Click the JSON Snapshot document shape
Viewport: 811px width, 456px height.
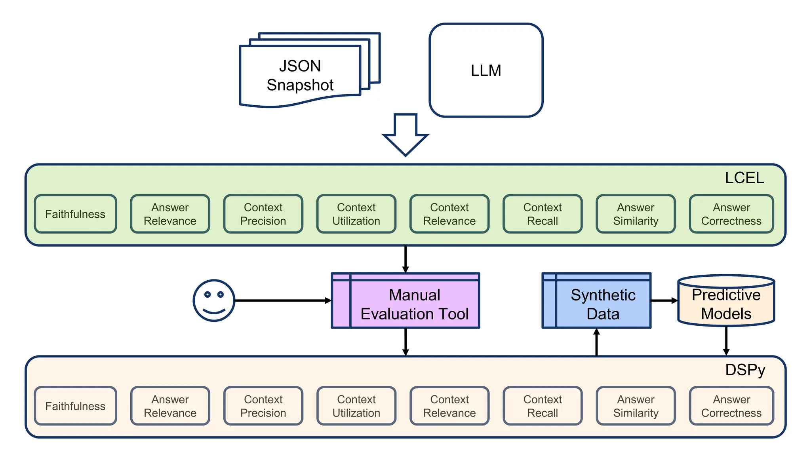coord(300,75)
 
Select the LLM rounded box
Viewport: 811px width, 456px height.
coord(486,70)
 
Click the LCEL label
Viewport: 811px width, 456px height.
coord(744,178)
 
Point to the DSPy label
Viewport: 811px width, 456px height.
coord(745,370)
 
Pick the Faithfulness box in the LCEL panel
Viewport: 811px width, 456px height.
coord(75,214)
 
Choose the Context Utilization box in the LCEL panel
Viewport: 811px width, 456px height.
coord(356,214)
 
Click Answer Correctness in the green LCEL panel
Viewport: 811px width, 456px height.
coord(731,214)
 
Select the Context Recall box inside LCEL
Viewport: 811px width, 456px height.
coord(542,214)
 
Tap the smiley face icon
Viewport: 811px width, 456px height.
coord(214,300)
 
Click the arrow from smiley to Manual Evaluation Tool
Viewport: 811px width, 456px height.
coord(283,300)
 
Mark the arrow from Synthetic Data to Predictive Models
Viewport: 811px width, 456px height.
coord(664,300)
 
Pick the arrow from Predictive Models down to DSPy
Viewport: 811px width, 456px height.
coord(726,340)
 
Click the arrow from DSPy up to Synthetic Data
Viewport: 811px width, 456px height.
coord(596,342)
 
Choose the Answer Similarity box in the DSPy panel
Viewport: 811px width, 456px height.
coord(636,406)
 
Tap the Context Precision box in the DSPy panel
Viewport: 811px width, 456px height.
coord(263,406)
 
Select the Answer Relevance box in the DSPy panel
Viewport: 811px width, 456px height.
coord(170,406)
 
